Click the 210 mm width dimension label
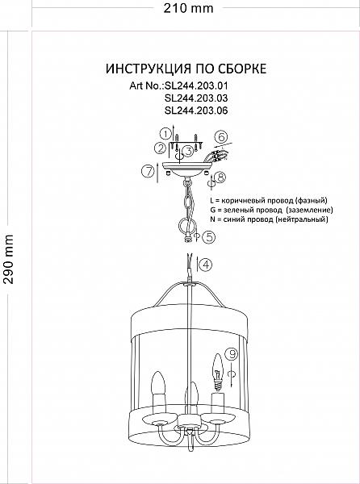[188, 8]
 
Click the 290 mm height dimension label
[8, 259]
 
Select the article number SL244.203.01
[196, 86]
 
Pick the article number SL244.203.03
[196, 98]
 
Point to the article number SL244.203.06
[196, 111]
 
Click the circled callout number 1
[165, 134]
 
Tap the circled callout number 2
[161, 148]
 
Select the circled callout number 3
[188, 151]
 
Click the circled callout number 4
[206, 265]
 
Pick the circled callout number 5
[209, 237]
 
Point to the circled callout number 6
[221, 137]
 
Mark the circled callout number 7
[149, 171]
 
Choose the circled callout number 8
[220, 177]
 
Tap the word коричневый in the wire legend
[245, 200]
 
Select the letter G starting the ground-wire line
[212, 210]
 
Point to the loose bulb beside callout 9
[218, 371]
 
